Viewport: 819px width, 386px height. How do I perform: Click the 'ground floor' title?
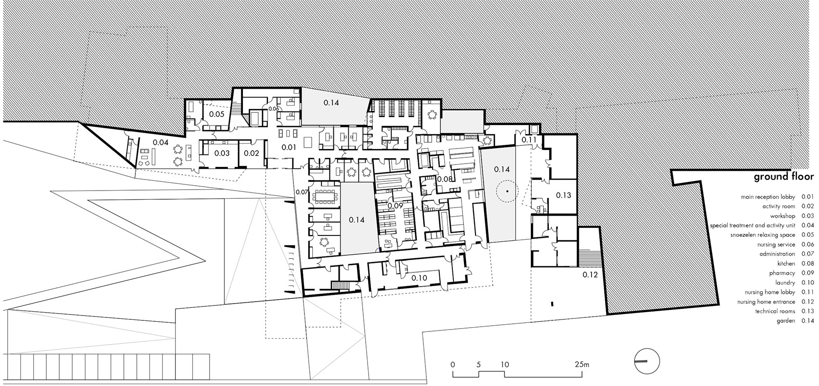coord(783,177)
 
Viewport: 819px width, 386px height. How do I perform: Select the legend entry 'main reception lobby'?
coord(768,197)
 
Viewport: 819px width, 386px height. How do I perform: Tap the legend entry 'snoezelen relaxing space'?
coord(763,235)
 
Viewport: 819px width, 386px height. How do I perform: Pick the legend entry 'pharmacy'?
coord(782,273)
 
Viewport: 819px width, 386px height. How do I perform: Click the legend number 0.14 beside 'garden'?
coord(807,321)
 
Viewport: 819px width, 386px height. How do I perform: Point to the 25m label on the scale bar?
coord(581,364)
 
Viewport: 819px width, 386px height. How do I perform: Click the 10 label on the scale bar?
coord(504,364)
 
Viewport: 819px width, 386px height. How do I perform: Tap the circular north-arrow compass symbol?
coord(647,361)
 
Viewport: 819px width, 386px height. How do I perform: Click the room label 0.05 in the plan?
coord(217,114)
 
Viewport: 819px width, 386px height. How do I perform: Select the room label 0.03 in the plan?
coord(222,153)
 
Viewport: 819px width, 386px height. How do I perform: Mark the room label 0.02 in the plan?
coord(251,153)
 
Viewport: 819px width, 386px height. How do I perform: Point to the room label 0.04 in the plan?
coord(160,142)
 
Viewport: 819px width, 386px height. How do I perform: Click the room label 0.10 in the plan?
coord(419,278)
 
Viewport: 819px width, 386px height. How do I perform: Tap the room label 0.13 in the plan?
coord(564,195)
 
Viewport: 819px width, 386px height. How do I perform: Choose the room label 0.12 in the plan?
coord(590,275)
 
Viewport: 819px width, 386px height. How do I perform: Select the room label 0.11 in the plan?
coord(528,139)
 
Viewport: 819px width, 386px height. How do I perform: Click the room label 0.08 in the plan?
coord(445,179)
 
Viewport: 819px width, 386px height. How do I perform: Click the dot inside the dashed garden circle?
coord(507,191)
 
